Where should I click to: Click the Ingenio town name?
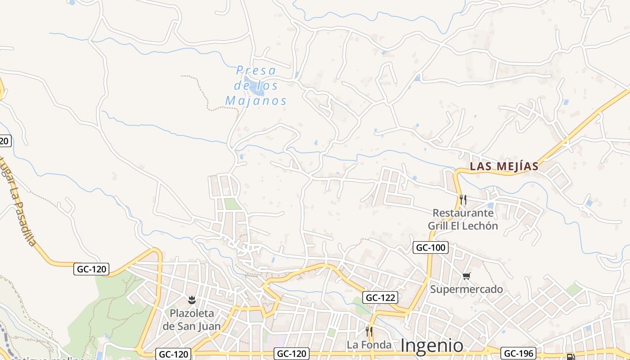(432, 346)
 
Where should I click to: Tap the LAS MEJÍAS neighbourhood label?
(504, 166)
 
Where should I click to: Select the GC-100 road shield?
(431, 247)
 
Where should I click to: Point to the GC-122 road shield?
(380, 297)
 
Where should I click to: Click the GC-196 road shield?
(515, 353)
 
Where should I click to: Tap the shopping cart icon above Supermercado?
(466, 276)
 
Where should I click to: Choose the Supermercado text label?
(466, 289)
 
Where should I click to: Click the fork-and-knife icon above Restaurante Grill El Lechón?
(463, 199)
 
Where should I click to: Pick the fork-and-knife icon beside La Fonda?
(369, 332)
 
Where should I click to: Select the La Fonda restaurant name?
(369, 345)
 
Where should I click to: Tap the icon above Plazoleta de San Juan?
(192, 299)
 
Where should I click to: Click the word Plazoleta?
(192, 313)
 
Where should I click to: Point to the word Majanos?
(256, 101)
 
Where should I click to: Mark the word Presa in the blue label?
(256, 70)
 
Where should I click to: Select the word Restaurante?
(463, 212)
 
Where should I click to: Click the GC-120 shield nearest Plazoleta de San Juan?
(174, 354)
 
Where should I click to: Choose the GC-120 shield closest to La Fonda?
(292, 354)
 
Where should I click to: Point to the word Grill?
(438, 225)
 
